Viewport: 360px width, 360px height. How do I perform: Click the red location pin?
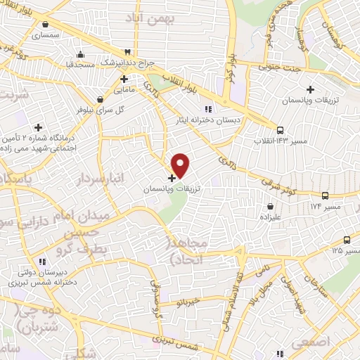coord(181,165)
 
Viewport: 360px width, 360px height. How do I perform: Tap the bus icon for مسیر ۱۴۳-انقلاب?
coord(280,130)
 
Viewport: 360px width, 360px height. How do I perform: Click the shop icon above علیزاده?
coord(271,206)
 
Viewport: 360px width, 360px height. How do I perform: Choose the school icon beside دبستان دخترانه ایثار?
coord(207,109)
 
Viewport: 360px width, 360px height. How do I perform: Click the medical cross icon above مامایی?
coord(124,79)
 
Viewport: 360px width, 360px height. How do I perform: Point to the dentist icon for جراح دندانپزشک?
coord(127,52)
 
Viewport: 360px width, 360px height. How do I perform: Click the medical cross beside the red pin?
coord(172,178)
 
